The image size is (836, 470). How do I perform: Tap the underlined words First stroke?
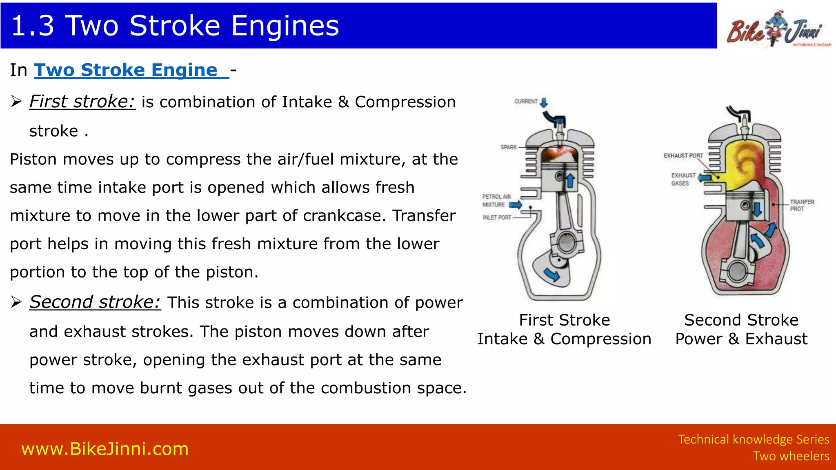click(82, 102)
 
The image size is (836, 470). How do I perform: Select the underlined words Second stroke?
click(95, 302)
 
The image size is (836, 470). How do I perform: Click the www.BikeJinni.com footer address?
click(105, 449)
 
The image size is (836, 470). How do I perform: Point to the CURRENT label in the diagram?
click(526, 101)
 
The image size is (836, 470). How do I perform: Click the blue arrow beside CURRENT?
click(544, 102)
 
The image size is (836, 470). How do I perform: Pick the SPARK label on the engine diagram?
click(509, 147)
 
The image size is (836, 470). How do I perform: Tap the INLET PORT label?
click(497, 217)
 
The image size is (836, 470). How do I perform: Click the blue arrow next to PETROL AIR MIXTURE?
click(515, 204)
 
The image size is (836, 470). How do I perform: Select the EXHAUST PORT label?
click(683, 155)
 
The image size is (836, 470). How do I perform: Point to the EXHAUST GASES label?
click(683, 179)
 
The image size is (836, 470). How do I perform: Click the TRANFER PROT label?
click(802, 205)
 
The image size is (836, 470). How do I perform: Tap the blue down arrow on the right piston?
click(757, 209)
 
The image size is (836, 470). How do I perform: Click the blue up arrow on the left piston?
click(570, 180)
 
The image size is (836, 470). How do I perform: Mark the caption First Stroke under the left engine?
click(564, 320)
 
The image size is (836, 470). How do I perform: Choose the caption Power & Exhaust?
click(741, 339)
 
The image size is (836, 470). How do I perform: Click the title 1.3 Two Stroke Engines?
click(175, 25)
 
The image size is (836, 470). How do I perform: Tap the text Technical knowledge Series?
click(753, 439)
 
